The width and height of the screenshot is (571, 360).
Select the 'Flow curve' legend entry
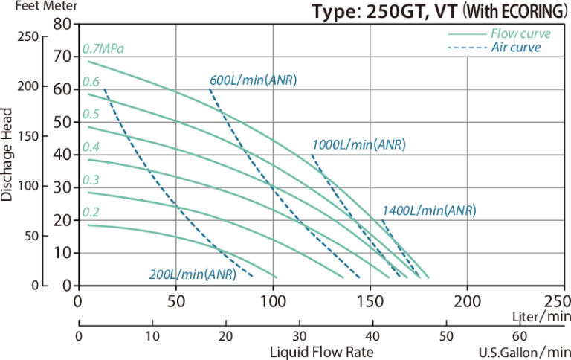click(x=520, y=34)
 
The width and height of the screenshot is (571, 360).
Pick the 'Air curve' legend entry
click(x=516, y=48)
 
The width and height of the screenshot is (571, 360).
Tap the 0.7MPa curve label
click(x=103, y=49)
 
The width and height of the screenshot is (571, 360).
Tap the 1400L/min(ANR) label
click(x=428, y=211)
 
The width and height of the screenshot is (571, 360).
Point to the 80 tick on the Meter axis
click(x=62, y=25)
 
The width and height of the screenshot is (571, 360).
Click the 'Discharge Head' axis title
click(x=7, y=154)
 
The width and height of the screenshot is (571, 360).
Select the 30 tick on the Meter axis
click(x=62, y=188)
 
